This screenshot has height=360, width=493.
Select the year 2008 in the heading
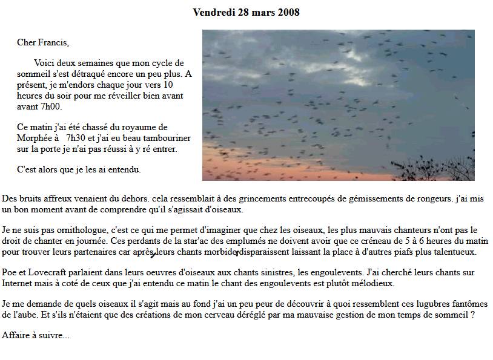(x=288, y=12)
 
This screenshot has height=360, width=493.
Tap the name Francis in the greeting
(x=53, y=42)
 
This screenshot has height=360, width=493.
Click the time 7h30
(x=75, y=137)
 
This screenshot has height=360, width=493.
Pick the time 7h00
(x=50, y=106)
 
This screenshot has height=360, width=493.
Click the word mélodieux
(x=375, y=283)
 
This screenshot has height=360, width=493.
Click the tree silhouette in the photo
(x=433, y=168)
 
